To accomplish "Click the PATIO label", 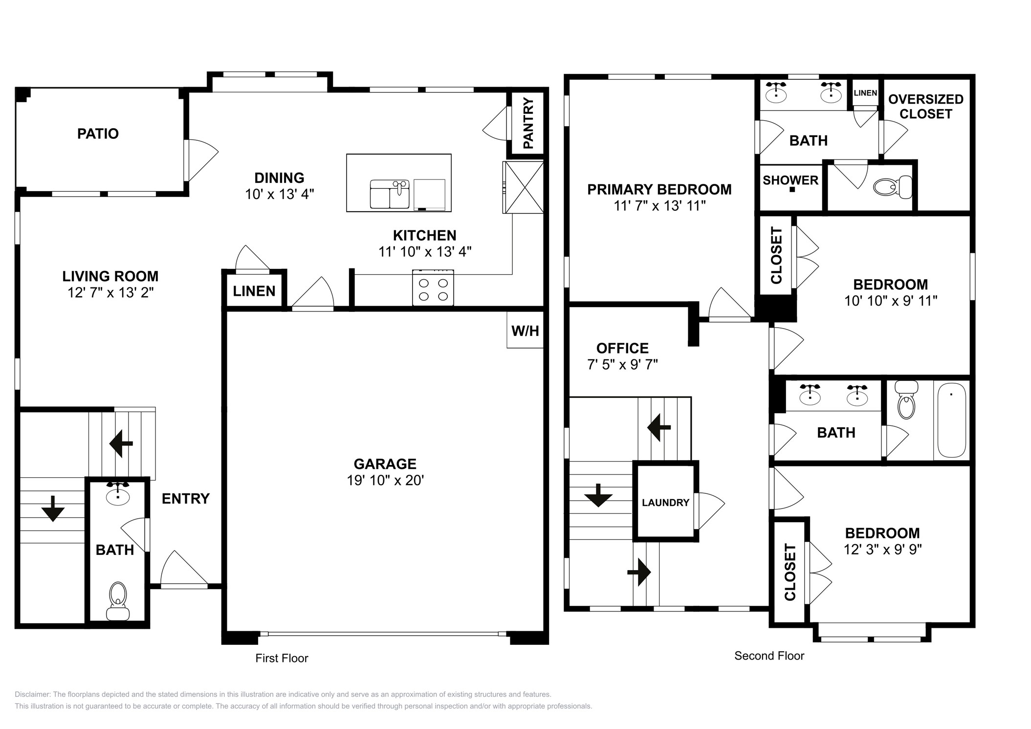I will (x=98, y=133).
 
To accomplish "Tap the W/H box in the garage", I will (x=525, y=331).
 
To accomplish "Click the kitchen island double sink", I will (x=390, y=194).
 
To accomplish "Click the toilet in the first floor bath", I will (x=118, y=601).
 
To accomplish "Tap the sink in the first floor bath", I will (x=118, y=494).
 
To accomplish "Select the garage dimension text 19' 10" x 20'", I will (x=385, y=480).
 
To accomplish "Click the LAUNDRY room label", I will (x=665, y=503).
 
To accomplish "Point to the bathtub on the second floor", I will (x=951, y=420).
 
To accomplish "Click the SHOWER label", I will (x=790, y=180).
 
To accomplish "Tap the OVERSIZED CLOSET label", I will (x=925, y=107).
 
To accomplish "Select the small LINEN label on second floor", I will (x=865, y=93).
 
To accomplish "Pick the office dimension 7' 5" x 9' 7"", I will (x=622, y=364).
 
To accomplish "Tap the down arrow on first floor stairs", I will (x=53, y=508).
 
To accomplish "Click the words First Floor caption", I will (x=282, y=658).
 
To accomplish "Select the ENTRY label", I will (x=185, y=498).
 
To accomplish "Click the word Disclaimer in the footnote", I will (x=32, y=694).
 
